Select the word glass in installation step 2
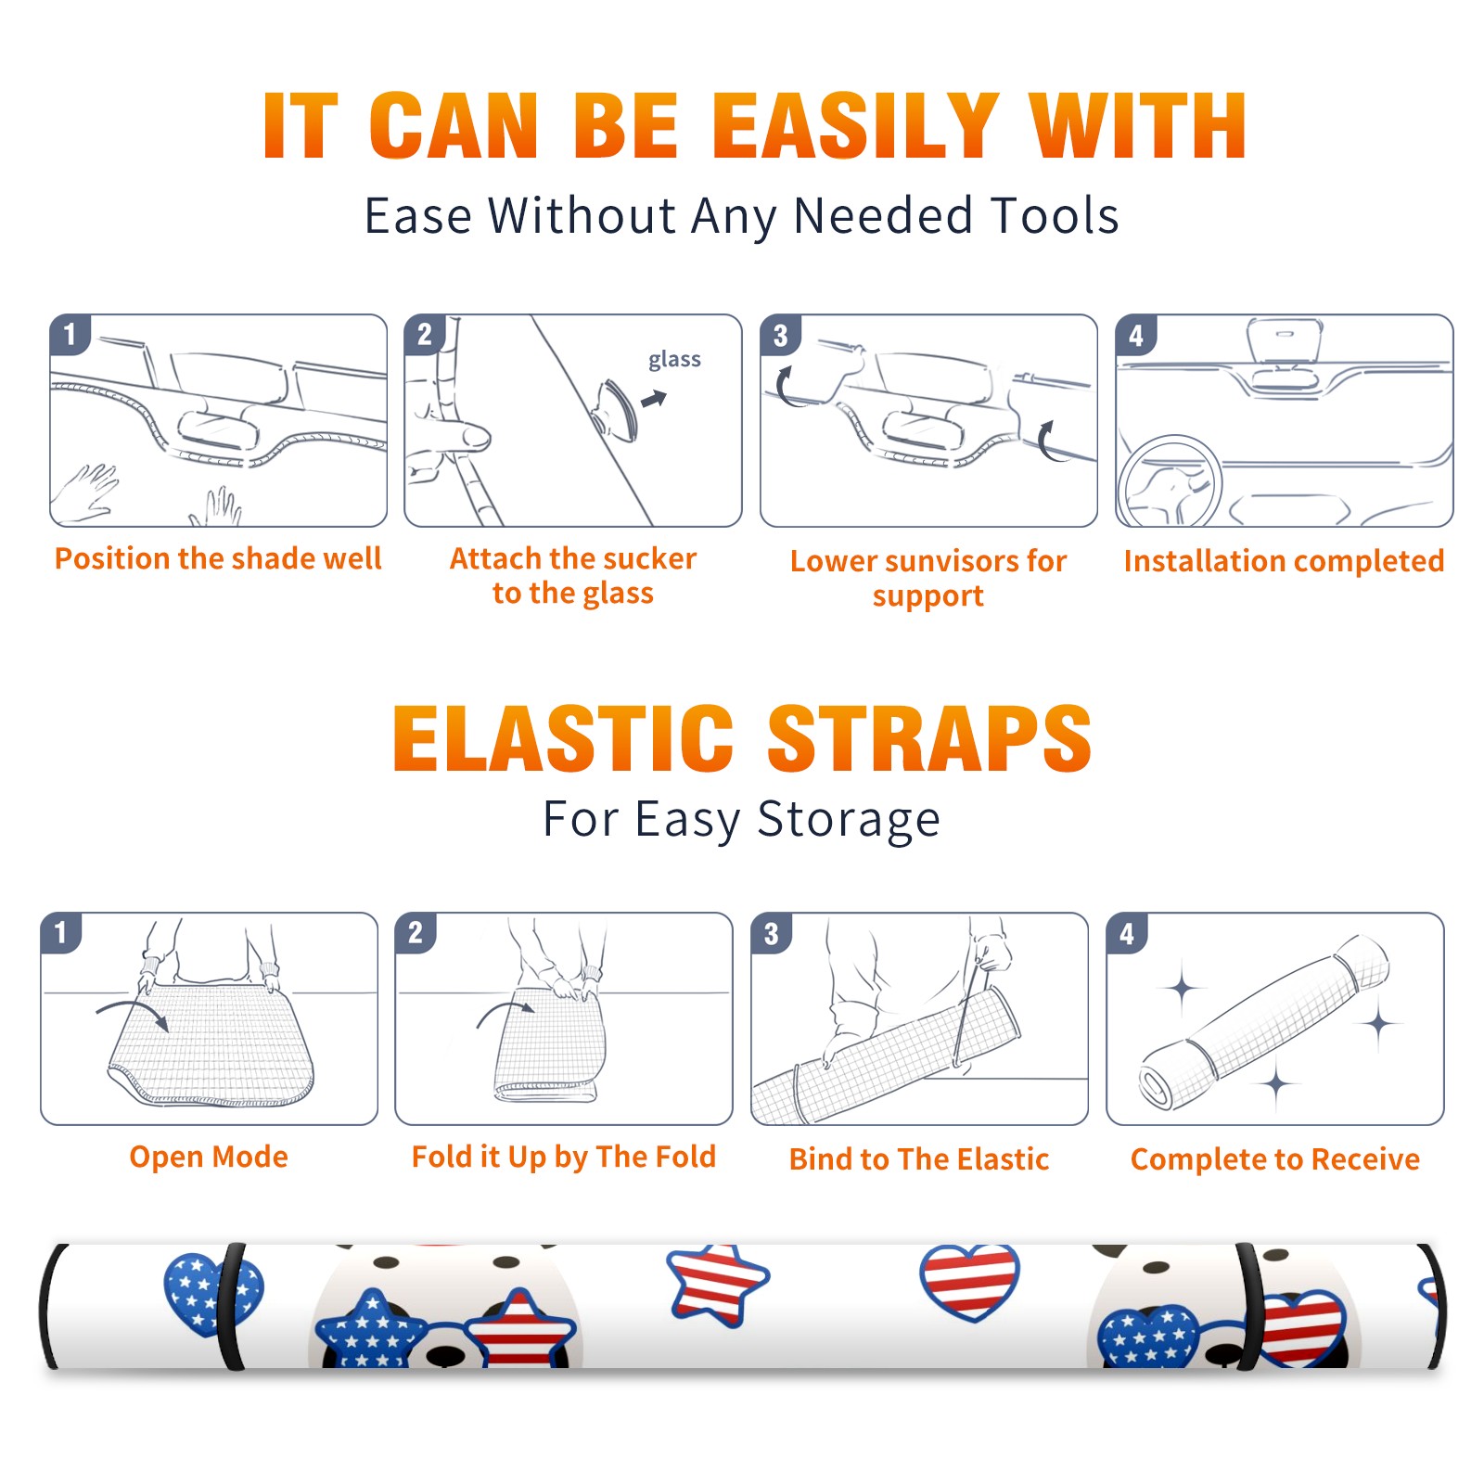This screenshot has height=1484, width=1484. (674, 360)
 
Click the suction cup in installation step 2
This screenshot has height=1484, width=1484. (617, 409)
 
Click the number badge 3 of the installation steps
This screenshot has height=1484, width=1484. (780, 335)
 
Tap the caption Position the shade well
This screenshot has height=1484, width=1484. (218, 558)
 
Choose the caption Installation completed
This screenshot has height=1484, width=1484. (1284, 560)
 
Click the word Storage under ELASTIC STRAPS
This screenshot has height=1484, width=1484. (849, 820)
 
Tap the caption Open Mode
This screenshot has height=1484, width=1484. (209, 1157)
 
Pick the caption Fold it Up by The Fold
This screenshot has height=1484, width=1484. (564, 1157)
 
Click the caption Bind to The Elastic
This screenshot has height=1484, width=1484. (919, 1158)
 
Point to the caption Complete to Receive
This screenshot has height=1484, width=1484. (1275, 1159)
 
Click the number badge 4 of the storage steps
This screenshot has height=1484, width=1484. (1127, 933)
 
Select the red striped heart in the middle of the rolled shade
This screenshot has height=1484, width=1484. (970, 1282)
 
